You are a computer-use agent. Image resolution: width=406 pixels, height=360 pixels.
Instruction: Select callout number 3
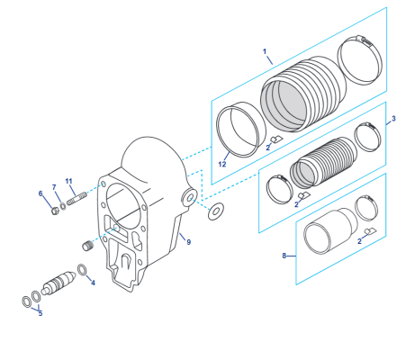392,119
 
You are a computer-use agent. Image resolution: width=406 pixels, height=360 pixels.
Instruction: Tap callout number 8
284,256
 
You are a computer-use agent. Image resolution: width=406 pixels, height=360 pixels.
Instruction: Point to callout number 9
188,241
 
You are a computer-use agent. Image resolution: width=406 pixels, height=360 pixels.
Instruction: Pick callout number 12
222,165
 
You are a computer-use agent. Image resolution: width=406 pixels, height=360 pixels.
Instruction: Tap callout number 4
93,282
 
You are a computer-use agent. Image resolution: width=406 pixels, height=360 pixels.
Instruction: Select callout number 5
40,313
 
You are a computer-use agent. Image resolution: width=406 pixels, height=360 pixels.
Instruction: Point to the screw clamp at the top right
360,56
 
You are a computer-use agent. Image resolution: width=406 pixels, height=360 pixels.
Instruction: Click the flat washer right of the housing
216,212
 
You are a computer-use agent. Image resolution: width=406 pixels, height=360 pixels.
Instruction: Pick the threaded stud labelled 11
74,195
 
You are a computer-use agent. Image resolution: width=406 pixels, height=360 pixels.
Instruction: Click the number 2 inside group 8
360,241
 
